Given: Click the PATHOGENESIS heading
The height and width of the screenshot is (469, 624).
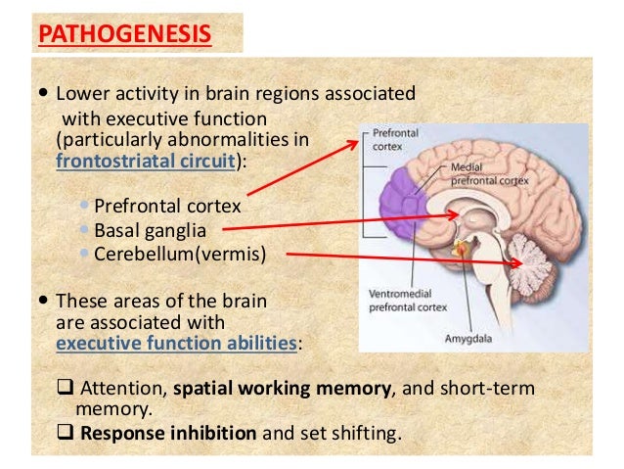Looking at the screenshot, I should (124, 35).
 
